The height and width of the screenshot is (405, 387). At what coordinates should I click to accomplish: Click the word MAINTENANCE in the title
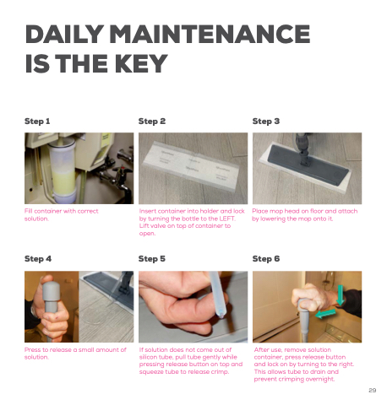(210, 34)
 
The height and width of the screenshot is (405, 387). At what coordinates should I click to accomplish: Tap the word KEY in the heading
(141, 63)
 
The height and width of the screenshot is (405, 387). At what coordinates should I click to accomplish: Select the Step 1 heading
(37, 121)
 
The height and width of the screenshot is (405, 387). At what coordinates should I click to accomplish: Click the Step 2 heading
(152, 121)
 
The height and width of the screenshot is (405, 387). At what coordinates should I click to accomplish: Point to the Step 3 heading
(266, 121)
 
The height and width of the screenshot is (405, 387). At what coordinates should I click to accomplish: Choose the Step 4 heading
(38, 259)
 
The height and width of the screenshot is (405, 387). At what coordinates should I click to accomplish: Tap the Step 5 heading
(152, 259)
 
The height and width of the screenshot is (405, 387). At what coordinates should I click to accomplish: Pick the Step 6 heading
(266, 259)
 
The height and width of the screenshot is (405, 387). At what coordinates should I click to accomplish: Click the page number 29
(373, 390)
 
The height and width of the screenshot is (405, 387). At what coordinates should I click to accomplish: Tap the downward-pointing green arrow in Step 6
(341, 295)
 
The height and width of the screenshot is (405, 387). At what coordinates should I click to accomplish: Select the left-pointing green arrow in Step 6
(325, 314)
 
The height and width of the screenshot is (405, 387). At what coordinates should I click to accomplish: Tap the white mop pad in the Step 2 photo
(191, 166)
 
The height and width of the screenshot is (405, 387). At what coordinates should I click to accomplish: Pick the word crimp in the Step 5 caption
(221, 372)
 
